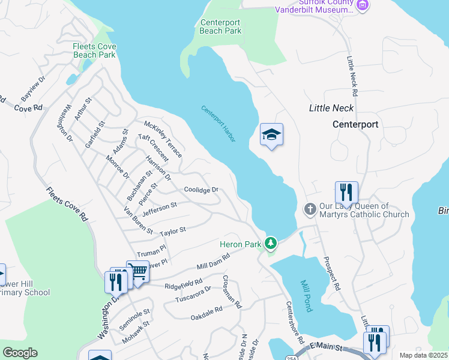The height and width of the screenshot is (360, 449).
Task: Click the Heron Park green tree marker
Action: (272, 243)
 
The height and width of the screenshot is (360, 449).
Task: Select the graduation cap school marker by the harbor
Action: (271, 135)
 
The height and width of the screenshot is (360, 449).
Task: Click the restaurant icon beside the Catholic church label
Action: (346, 193)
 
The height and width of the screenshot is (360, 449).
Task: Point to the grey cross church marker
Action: (310, 209)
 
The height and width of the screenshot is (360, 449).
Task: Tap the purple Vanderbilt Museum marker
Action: (362, 6)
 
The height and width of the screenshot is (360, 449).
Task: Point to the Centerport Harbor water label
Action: (218, 124)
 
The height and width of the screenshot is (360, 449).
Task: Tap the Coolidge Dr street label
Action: (200, 190)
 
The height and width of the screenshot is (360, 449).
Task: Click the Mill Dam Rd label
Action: (213, 261)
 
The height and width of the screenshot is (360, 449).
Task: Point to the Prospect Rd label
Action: (331, 274)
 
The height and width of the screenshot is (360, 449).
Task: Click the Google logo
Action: (20, 353)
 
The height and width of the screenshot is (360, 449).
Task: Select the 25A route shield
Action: (298, 356)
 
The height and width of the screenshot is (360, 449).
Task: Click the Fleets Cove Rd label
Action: (67, 204)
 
